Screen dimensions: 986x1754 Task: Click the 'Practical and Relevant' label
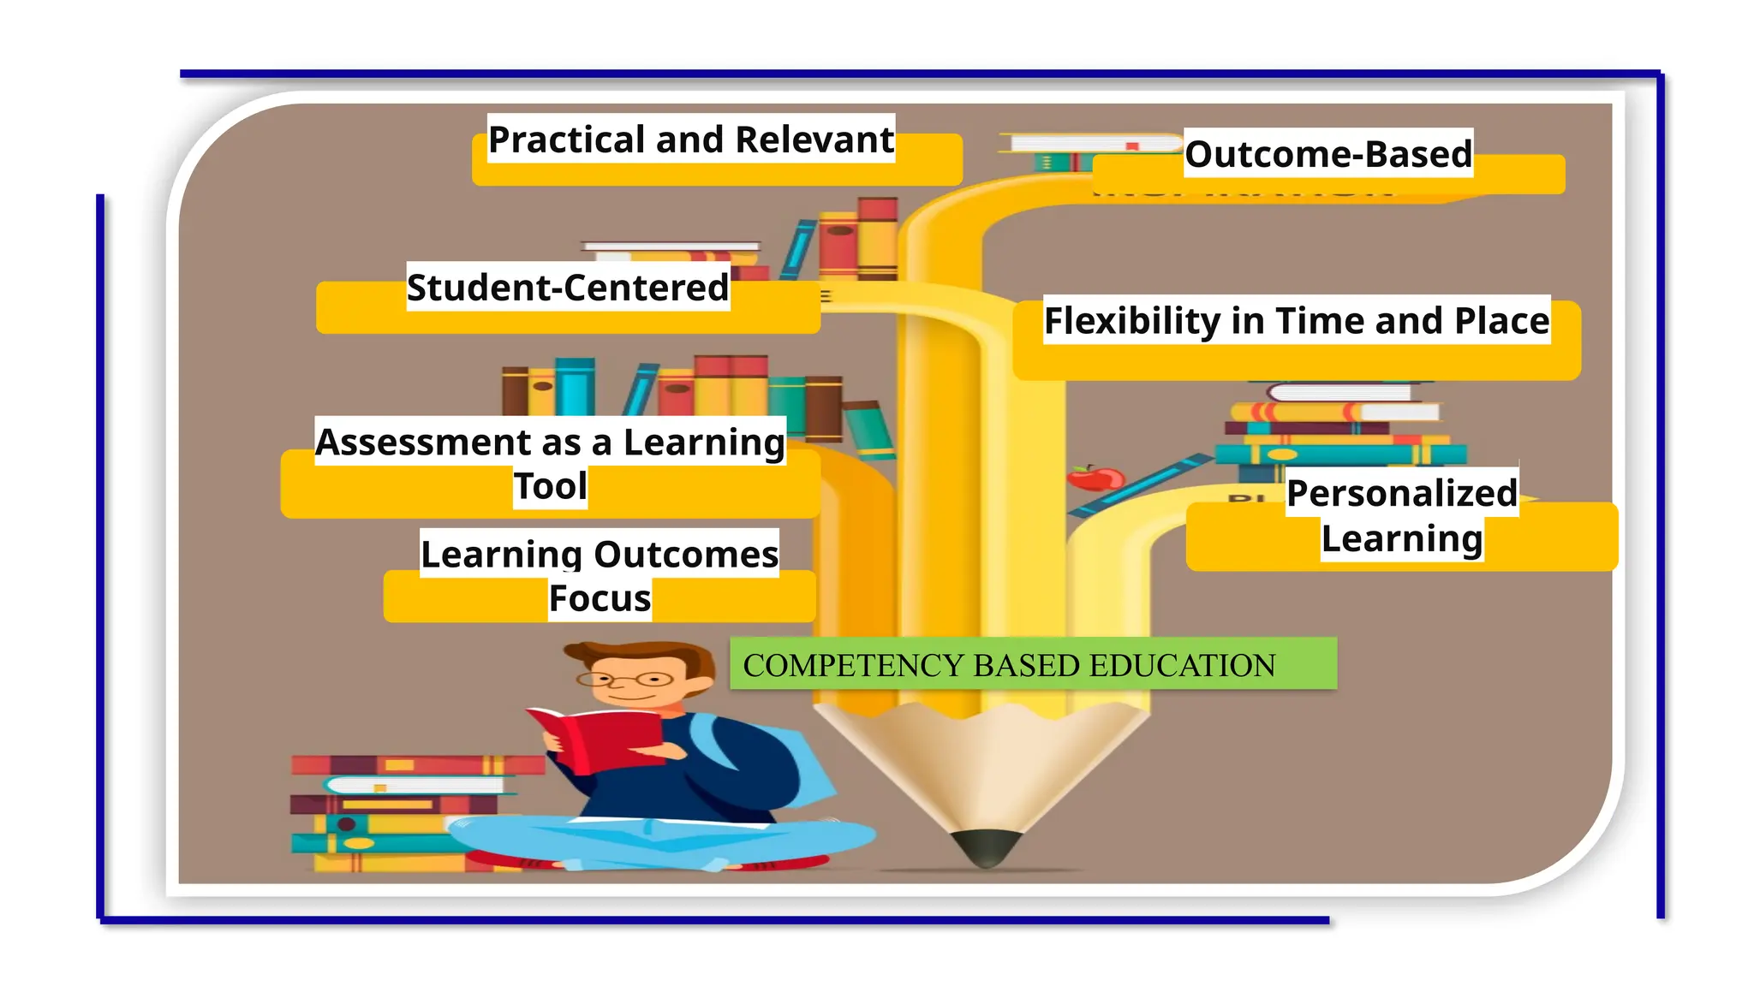[690, 140]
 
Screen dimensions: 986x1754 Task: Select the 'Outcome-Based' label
[1328, 154]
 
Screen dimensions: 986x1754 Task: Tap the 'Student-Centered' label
[568, 288]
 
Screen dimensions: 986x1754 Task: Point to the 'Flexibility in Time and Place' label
[1297, 321]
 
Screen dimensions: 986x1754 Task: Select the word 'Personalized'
[1402, 494]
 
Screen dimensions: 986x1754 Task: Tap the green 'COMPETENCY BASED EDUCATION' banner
[1032, 664]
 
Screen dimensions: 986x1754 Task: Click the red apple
[1095, 477]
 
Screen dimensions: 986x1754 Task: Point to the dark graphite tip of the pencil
[987, 847]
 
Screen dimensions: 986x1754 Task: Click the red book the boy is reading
[600, 739]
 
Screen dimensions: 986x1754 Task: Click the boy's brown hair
[651, 655]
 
